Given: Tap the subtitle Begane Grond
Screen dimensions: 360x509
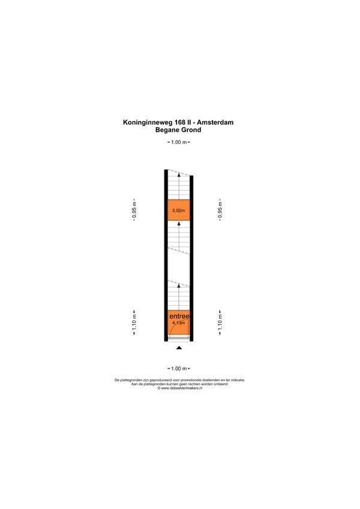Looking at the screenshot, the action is pos(178,130).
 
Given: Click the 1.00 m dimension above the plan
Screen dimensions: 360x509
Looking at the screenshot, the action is pos(179,142).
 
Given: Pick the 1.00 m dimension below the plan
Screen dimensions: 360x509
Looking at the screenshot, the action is pos(179,369).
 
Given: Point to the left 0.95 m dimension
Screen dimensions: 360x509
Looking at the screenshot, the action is pos(134,210).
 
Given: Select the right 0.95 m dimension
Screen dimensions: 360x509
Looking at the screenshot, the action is pos(220,210).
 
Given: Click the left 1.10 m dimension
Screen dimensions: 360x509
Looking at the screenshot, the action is pos(134,322).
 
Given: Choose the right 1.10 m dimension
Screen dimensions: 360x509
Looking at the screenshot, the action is pos(220,322).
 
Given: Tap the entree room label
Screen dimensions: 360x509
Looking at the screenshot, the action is pos(179,316).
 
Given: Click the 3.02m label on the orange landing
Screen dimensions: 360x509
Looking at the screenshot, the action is pos(179,210).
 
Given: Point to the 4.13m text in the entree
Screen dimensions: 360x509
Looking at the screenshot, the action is pos(179,323).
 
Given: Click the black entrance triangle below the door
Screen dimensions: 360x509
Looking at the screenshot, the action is pos(179,348).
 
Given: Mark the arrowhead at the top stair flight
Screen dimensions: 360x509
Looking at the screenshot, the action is pos(179,175).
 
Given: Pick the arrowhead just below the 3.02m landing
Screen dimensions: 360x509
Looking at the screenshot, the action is pos(179,224).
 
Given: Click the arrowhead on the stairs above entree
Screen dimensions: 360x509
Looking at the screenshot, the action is pos(179,286).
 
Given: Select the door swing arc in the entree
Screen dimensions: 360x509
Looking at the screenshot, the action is pos(179,327).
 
